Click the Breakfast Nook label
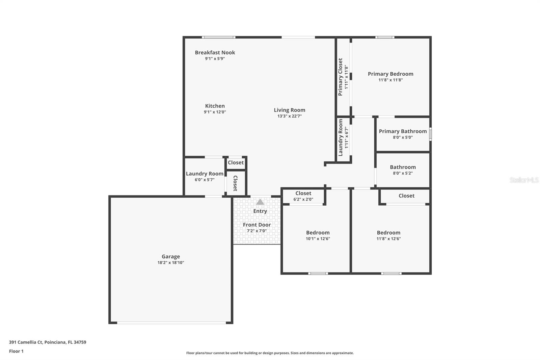coord(215,52)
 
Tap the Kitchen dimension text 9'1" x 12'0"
coord(215,112)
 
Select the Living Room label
coord(289,110)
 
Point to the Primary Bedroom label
coord(390,74)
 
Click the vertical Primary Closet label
coord(340,77)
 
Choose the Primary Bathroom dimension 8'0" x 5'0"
coord(403,137)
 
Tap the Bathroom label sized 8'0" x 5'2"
coord(403,167)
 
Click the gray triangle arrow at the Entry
coord(260,202)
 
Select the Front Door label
coord(257,225)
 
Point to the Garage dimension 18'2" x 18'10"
coord(171,263)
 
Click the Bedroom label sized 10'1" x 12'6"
coord(318,233)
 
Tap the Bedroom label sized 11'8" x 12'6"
coord(388,233)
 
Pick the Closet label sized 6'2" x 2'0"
coord(303,194)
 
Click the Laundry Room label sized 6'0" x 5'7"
coord(205,174)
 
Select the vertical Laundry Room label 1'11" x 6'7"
coord(341,137)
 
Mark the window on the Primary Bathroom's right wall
coord(430,134)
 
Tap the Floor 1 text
coord(16,351)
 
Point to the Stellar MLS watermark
coord(524,180)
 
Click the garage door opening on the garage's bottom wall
coord(171,323)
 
